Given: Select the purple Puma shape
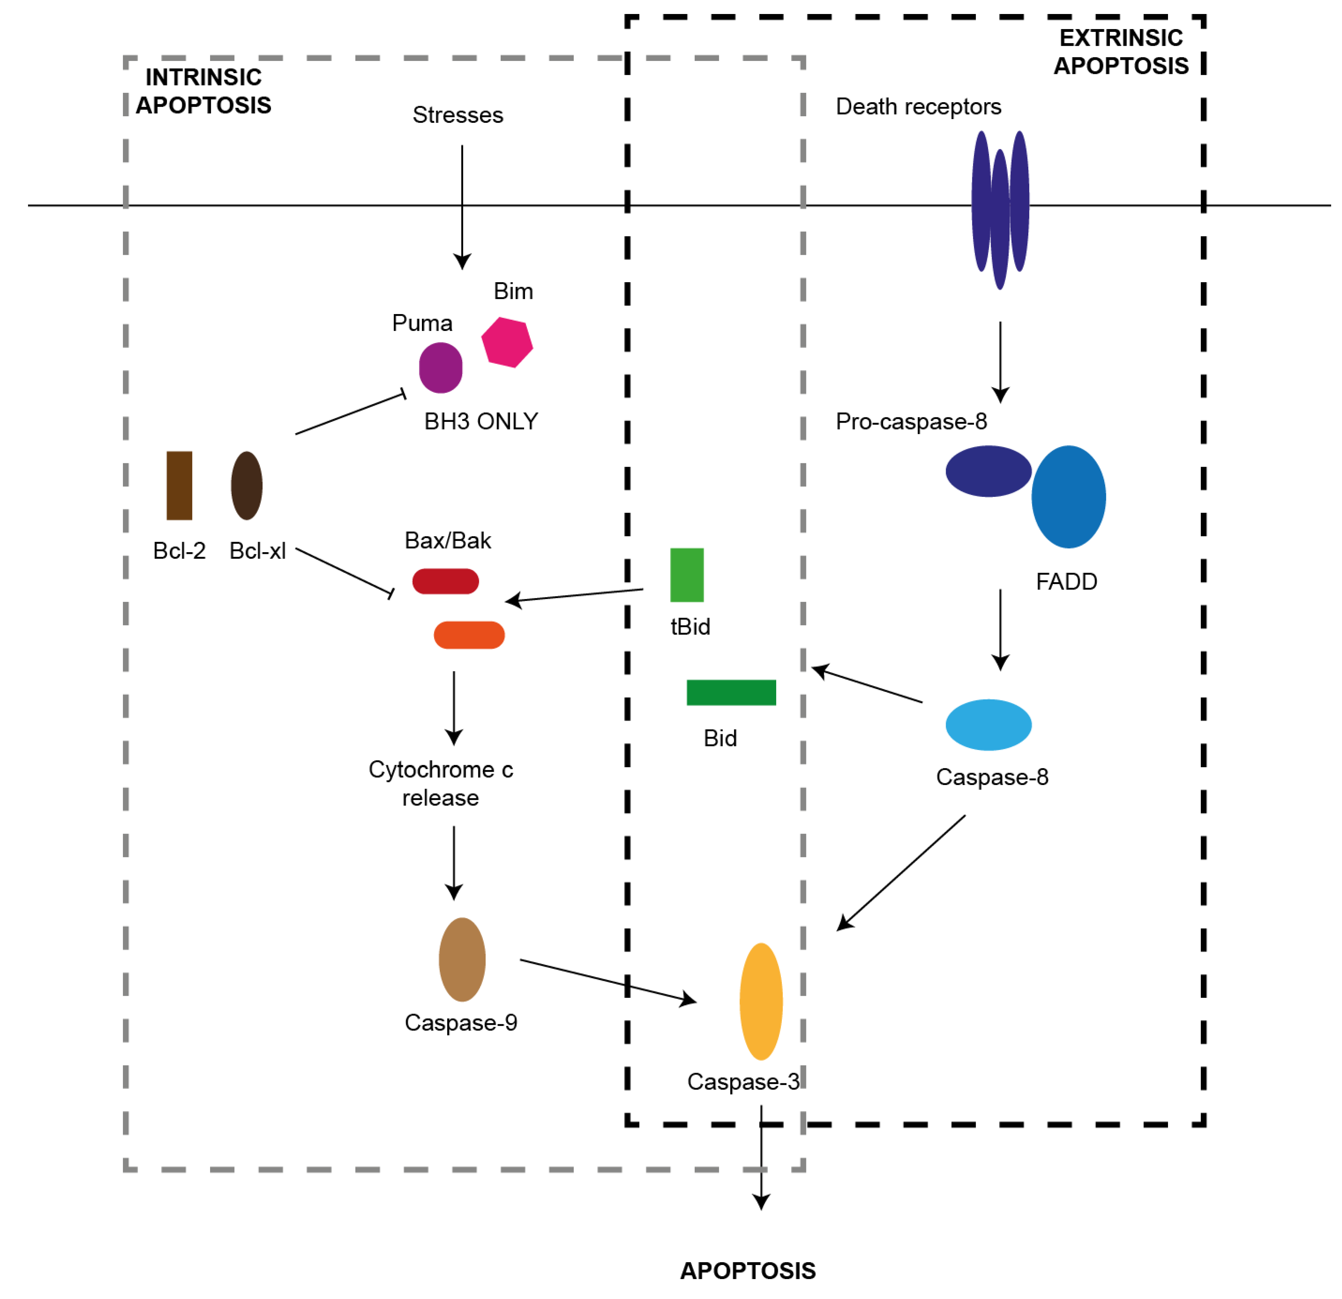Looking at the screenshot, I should [x=440, y=368].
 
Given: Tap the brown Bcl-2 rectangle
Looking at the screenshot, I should [x=179, y=486].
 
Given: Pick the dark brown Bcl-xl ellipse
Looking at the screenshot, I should [x=246, y=486].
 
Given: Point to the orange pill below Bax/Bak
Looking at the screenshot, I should [x=469, y=635].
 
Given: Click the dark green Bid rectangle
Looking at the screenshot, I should [x=731, y=692].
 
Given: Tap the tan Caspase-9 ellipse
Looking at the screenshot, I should [x=462, y=959].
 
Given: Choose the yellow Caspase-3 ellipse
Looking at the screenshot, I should [x=761, y=1001].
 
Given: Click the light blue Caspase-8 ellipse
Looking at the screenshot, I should [x=988, y=724].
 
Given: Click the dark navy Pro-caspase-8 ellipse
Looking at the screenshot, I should [x=988, y=471].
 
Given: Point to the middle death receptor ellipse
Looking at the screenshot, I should [x=1000, y=219].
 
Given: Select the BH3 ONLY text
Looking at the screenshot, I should [x=481, y=421].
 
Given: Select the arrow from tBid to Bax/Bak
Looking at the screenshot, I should [x=575, y=595].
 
